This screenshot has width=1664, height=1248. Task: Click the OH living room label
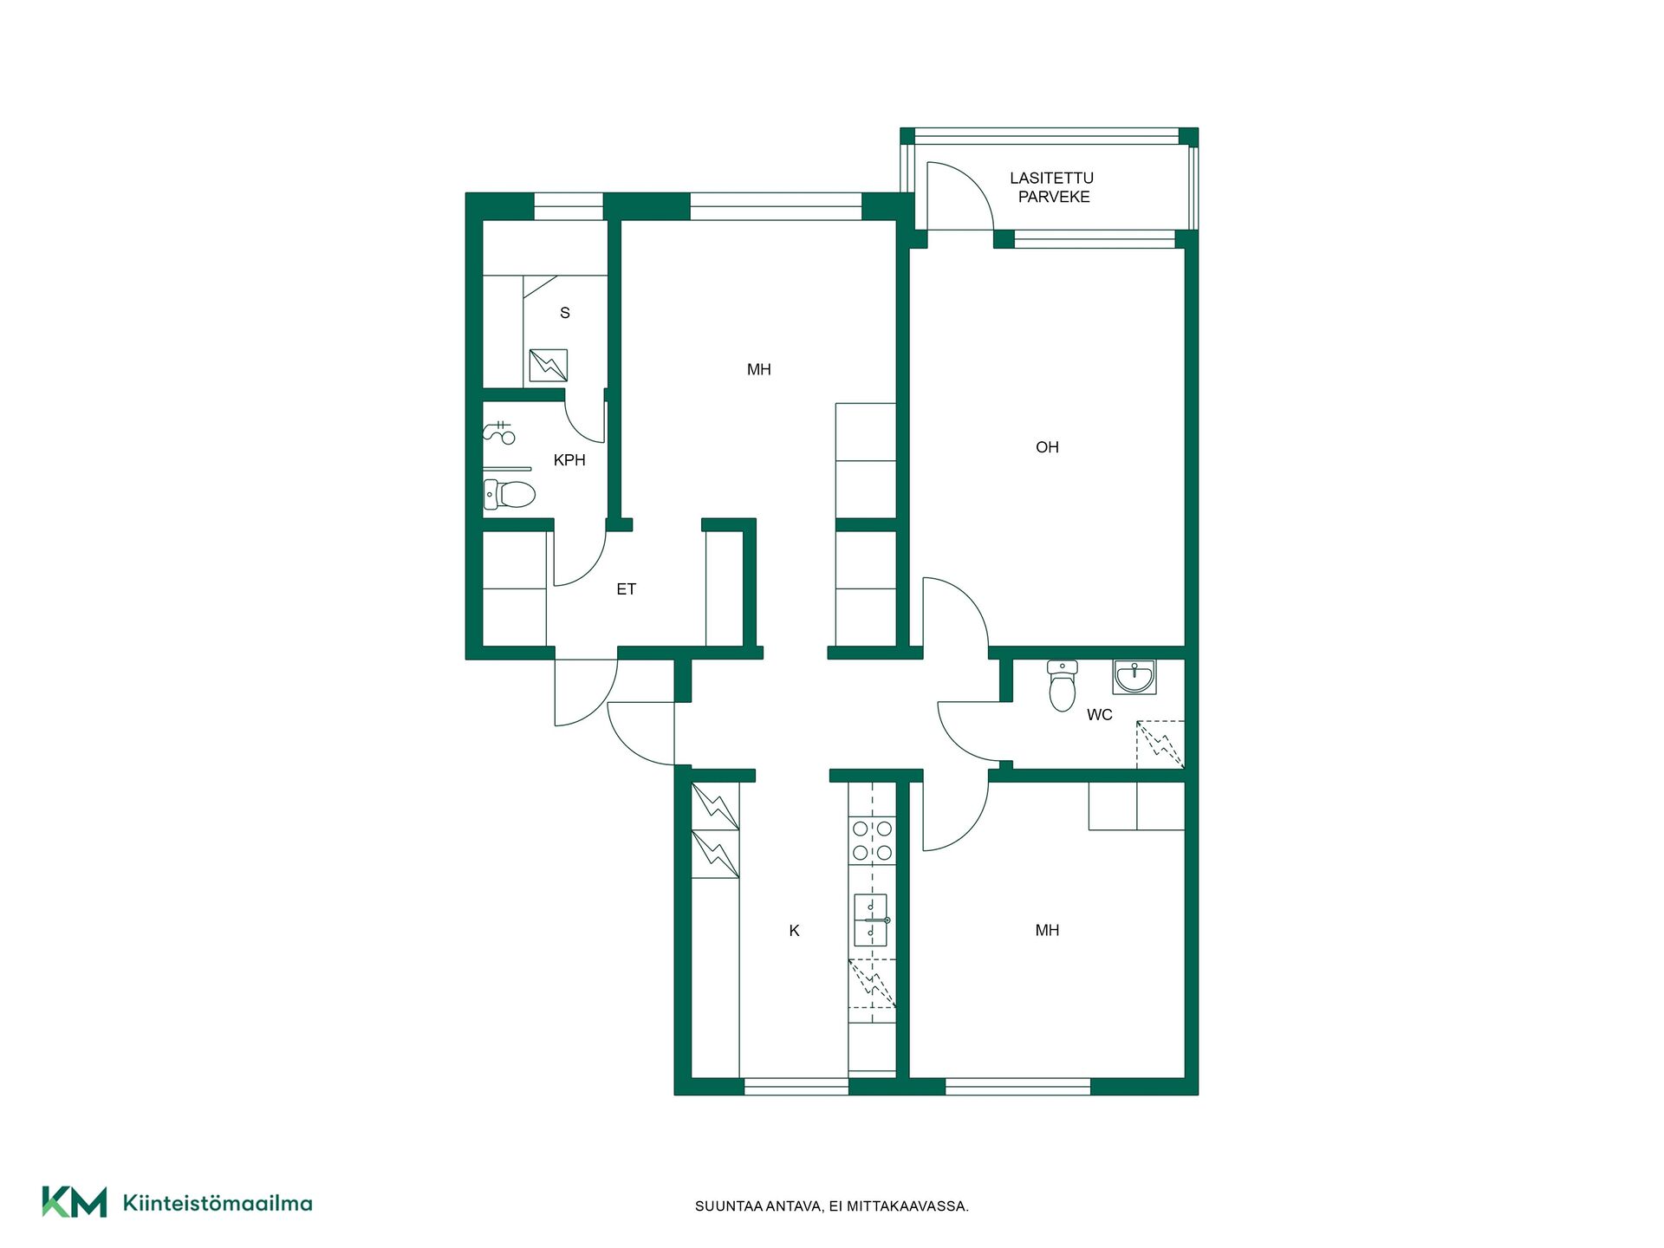1047,447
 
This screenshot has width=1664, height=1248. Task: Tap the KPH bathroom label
569,460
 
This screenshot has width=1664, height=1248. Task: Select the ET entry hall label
626,589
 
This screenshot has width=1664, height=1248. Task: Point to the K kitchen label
794,931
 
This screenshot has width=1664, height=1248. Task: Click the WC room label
1099,715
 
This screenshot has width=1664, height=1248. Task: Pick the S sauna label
565,313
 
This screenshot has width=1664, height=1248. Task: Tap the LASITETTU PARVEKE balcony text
1052,187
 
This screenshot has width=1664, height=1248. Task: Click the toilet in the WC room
1062,685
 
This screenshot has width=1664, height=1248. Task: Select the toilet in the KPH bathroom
509,494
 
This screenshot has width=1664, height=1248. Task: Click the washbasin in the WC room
1134,677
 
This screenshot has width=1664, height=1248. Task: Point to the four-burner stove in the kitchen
872,841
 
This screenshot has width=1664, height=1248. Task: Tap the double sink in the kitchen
871,920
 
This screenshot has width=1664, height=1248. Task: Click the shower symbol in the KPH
499,432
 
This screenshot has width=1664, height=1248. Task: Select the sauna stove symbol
548,366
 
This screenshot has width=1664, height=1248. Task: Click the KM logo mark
75,1202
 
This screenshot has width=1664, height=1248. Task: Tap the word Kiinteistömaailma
218,1203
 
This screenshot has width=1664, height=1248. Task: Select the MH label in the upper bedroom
758,370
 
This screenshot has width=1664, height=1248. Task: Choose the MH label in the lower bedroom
1047,931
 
